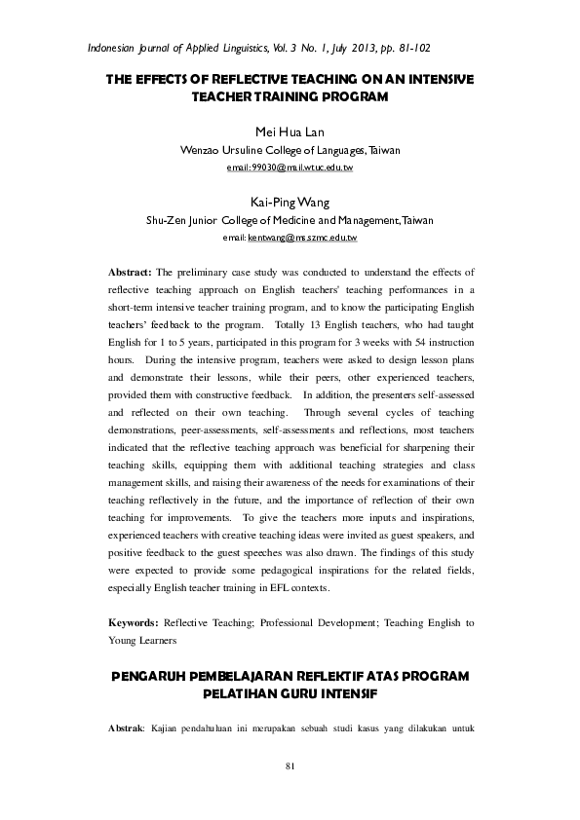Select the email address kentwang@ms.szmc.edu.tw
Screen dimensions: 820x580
[x=303, y=238]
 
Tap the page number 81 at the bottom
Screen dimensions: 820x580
[x=290, y=769]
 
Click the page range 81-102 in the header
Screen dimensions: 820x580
[x=411, y=47]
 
